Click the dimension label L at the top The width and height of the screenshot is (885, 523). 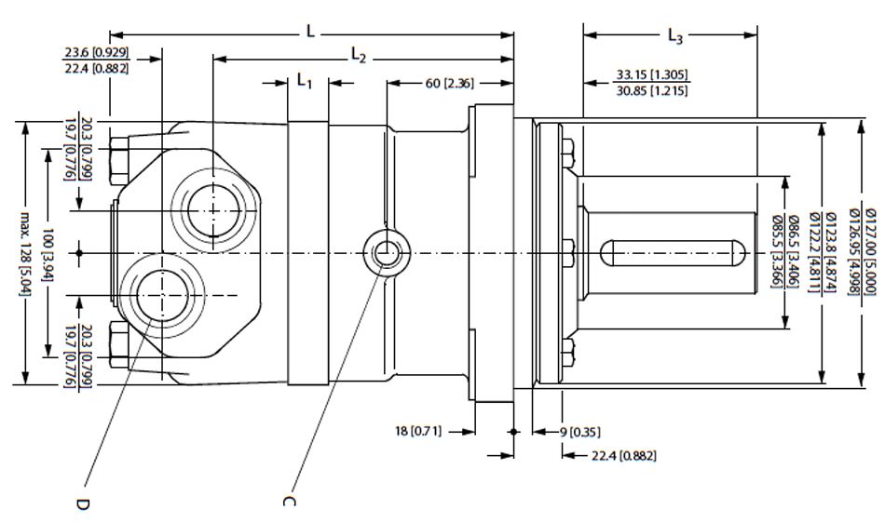coord(311,32)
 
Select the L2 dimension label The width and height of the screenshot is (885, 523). coord(358,56)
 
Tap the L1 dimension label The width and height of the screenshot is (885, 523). coord(304,82)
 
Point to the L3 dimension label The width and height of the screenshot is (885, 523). coord(675,36)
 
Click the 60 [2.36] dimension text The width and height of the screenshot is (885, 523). coord(450,84)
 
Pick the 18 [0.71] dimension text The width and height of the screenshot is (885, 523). coord(418,431)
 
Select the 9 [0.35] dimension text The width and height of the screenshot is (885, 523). coord(584,431)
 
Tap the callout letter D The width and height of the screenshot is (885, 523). coord(81,502)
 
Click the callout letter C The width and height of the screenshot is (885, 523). coord(288,502)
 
